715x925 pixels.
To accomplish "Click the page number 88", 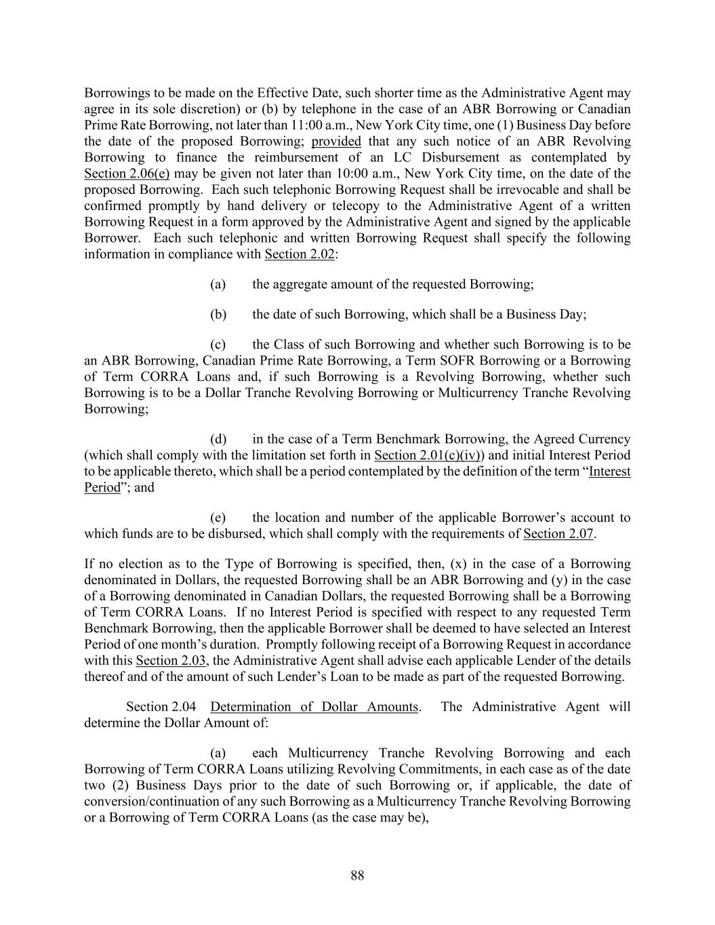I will point(357,876).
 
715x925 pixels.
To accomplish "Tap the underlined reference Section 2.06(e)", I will point(127,173).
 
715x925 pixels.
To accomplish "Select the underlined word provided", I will point(336,141).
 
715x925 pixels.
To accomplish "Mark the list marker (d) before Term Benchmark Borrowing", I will point(218,439).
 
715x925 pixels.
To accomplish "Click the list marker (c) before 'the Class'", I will point(218,344).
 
